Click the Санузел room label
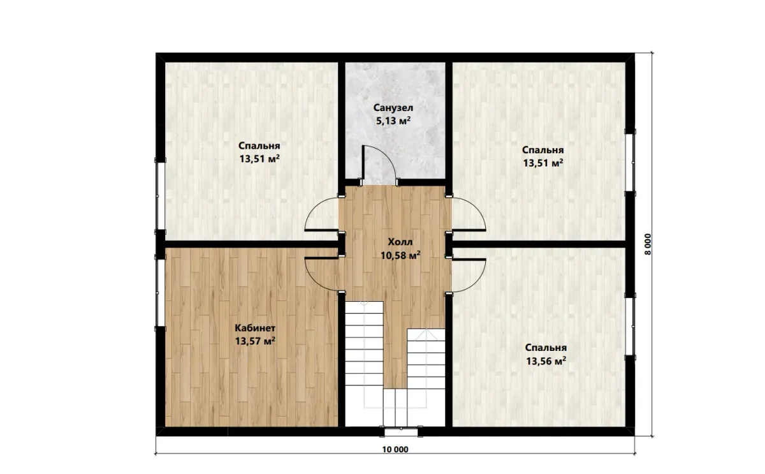point(393,108)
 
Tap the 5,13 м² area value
point(393,121)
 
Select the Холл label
point(400,242)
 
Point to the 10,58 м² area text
point(400,255)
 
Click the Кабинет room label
point(255,328)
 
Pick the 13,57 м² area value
point(255,341)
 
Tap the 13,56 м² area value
point(546,361)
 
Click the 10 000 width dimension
point(395,449)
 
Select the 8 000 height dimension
point(648,244)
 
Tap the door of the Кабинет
point(321,274)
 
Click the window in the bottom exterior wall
point(401,432)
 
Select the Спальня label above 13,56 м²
point(546,348)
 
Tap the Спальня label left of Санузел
point(259,146)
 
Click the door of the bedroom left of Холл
point(321,214)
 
